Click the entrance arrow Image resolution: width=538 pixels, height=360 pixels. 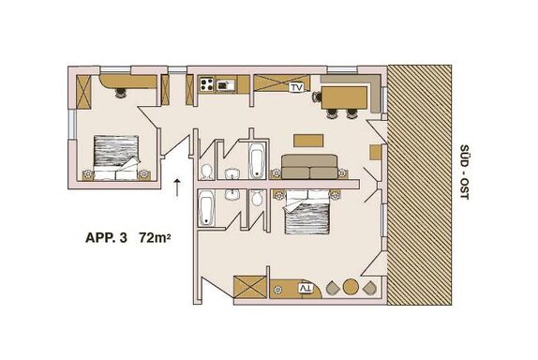(177, 187)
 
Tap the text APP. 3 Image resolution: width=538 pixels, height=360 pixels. (106, 237)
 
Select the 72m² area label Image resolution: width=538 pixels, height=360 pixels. (155, 237)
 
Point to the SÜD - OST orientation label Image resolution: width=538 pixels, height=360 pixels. (464, 172)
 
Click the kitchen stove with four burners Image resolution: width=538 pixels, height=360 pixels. (207, 84)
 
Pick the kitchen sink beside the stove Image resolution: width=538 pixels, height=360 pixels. (226, 84)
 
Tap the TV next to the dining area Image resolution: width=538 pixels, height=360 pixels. (296, 88)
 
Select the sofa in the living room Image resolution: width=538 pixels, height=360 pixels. (309, 167)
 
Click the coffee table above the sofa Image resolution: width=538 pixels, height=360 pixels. (308, 141)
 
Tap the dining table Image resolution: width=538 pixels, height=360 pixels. (344, 97)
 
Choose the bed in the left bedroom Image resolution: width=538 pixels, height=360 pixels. (116, 157)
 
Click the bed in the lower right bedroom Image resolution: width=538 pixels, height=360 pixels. (306, 212)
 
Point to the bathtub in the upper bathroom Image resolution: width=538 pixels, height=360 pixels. (257, 160)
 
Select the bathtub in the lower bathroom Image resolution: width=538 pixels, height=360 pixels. (206, 208)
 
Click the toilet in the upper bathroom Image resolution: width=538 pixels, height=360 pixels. (206, 172)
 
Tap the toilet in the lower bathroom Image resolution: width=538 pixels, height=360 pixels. (256, 197)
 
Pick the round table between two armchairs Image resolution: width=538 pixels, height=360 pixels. (351, 287)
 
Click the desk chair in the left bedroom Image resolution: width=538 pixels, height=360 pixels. (120, 93)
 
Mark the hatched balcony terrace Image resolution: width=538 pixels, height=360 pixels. (419, 185)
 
